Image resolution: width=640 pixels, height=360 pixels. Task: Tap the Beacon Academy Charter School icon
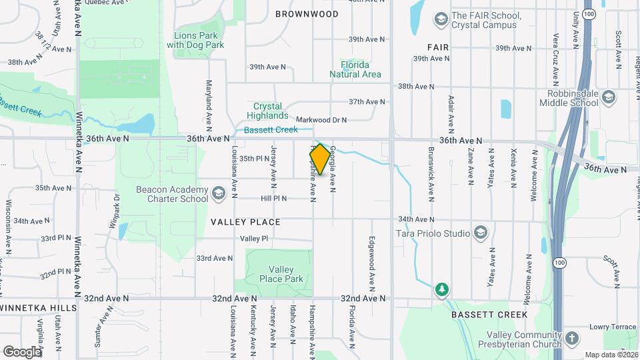218,194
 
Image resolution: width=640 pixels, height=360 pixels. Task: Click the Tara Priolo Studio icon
480,233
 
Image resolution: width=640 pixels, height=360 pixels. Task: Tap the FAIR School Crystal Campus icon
440,19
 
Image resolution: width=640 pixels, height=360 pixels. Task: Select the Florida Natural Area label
355,69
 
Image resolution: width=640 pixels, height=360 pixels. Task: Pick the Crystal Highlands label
267,111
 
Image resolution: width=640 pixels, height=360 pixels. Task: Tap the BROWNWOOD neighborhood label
307,14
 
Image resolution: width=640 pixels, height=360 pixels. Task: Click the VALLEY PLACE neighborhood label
245,221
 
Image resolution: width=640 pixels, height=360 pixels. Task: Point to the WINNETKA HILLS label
39,307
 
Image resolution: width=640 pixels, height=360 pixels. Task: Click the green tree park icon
441,289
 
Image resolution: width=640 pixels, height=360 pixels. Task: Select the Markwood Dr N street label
322,120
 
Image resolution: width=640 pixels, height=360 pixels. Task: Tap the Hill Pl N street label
273,198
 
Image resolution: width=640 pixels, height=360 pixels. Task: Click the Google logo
21,351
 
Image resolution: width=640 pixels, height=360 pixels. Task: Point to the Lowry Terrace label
613,327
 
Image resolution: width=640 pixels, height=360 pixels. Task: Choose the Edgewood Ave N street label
372,260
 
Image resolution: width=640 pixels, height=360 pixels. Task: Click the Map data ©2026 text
610,355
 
